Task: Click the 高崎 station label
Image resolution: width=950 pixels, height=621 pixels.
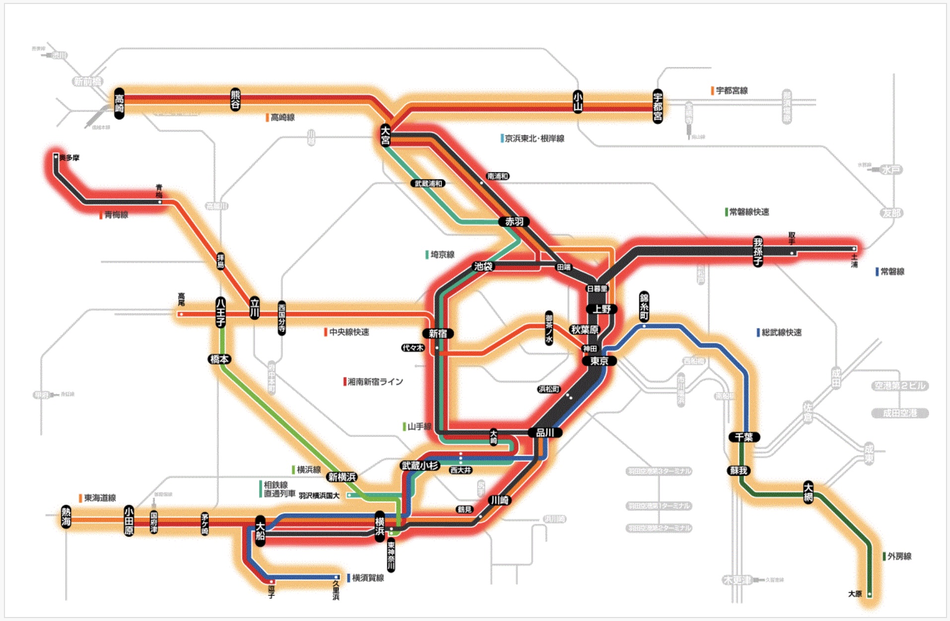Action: click(119, 103)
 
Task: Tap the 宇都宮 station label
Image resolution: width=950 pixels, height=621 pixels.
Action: click(658, 107)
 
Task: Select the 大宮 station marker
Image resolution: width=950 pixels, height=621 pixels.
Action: click(385, 135)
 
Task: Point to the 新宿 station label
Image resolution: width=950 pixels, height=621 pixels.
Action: click(438, 334)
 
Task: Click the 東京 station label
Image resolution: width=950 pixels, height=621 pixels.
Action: click(599, 361)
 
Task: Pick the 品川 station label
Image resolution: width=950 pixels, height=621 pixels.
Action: click(544, 433)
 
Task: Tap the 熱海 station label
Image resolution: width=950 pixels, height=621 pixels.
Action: click(66, 516)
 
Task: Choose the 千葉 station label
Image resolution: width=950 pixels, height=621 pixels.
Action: click(744, 437)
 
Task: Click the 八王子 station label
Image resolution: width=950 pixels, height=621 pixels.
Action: click(220, 312)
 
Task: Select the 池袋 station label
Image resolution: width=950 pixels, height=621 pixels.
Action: click(483, 266)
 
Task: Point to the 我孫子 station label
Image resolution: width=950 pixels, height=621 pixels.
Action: click(758, 251)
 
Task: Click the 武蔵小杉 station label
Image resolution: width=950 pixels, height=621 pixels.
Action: click(420, 466)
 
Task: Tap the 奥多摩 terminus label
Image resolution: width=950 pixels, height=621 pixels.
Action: click(69, 158)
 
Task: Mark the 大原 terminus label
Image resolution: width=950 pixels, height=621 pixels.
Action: click(855, 594)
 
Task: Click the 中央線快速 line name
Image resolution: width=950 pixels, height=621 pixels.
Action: click(349, 332)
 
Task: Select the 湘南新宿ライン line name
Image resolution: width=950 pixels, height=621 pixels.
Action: click(375, 381)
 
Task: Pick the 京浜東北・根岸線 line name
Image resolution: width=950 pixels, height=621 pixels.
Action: click(534, 138)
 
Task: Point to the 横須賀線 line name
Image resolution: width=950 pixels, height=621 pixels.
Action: click(368, 578)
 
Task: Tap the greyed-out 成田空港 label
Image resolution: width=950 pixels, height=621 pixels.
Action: click(899, 413)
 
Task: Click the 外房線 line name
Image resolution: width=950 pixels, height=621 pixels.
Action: click(899, 557)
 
